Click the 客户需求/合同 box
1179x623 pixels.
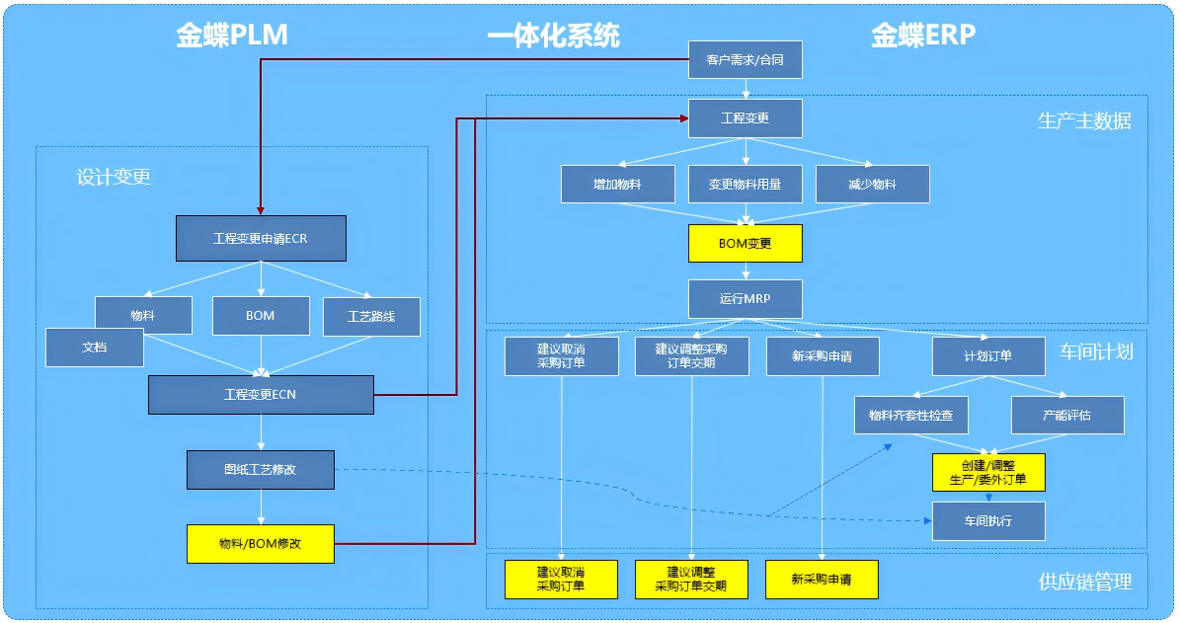pyautogui.click(x=745, y=60)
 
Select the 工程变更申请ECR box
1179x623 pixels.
pyautogui.click(x=261, y=238)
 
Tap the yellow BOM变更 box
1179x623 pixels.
pyautogui.click(x=745, y=243)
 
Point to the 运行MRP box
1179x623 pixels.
pyautogui.click(x=745, y=299)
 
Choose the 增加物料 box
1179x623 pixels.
pyautogui.click(x=618, y=184)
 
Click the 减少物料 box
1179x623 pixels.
pyautogui.click(x=872, y=184)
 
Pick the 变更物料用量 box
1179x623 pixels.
pyautogui.click(x=745, y=184)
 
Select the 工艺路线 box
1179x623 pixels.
pyautogui.click(x=371, y=317)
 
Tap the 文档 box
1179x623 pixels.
pyautogui.click(x=95, y=348)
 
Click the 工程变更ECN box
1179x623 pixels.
pyautogui.click(x=261, y=394)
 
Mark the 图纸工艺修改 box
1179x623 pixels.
pyautogui.click(x=261, y=469)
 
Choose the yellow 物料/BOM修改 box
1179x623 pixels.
pyautogui.click(x=261, y=543)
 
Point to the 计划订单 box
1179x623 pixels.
pyautogui.click(x=988, y=355)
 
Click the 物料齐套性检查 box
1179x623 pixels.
pyautogui.click(x=910, y=415)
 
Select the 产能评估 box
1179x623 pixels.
pyautogui.click(x=1067, y=415)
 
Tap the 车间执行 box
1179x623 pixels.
pyautogui.click(x=988, y=520)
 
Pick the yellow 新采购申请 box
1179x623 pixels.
pyautogui.click(x=822, y=579)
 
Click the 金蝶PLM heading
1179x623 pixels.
pyautogui.click(x=232, y=36)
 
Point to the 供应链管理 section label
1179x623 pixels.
pyautogui.click(x=1085, y=582)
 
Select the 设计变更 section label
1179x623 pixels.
pyautogui.click(x=114, y=177)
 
